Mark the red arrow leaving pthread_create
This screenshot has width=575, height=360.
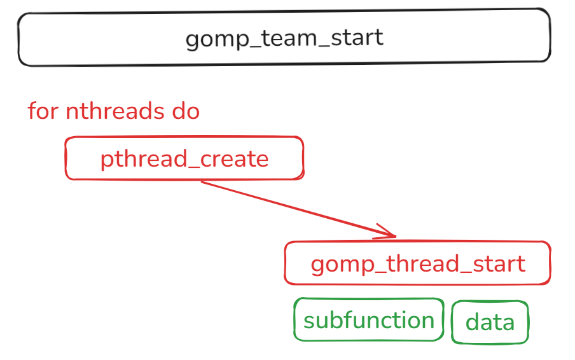[298, 209]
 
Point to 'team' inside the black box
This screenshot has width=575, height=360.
[289, 38]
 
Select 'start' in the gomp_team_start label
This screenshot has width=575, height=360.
[357, 38]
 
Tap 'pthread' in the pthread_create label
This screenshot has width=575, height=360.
[144, 160]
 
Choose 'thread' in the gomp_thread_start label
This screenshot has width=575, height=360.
[423, 263]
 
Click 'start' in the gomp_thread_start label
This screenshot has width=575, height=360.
[499, 263]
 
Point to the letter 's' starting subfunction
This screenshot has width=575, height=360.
[309, 321]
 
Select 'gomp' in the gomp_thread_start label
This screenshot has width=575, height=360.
[342, 265]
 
